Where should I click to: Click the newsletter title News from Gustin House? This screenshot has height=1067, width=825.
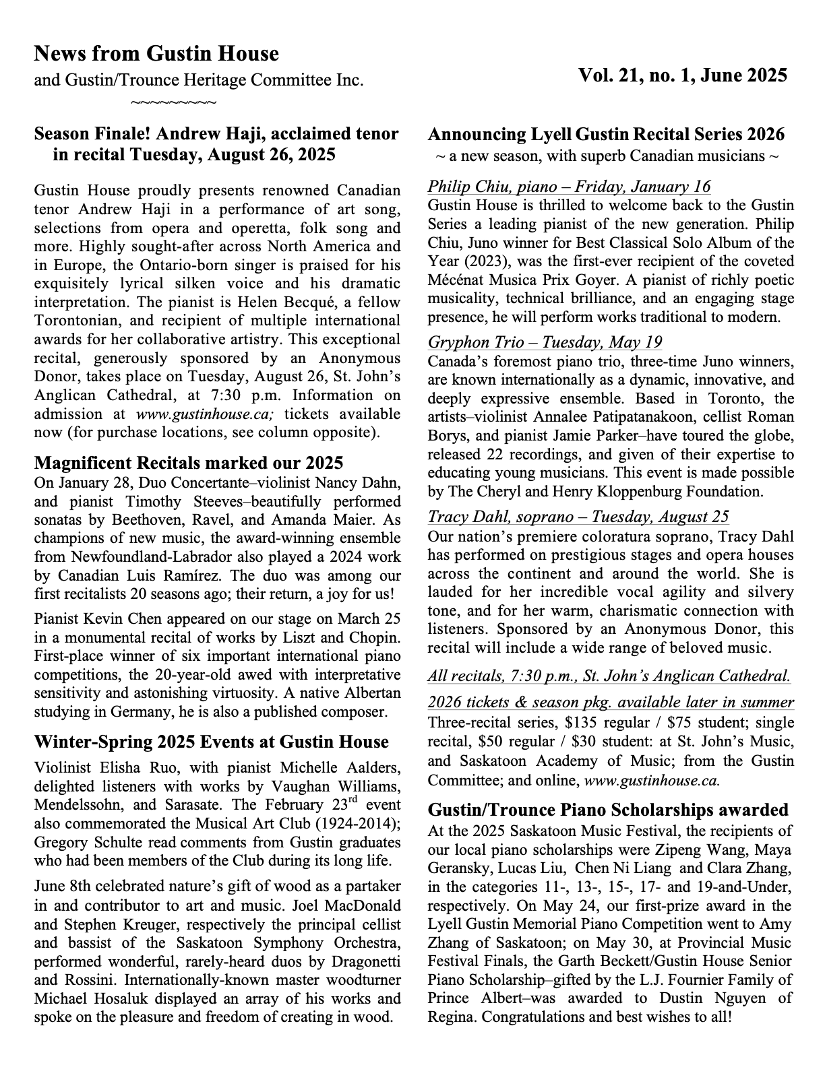click(156, 53)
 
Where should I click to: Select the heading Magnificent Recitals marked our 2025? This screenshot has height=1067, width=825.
click(189, 463)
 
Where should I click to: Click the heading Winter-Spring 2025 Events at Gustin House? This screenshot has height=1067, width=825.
click(211, 742)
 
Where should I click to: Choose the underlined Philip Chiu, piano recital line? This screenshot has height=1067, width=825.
click(569, 187)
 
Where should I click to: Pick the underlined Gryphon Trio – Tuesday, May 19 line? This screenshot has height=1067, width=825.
click(545, 342)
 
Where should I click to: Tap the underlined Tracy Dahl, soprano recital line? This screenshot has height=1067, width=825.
click(578, 517)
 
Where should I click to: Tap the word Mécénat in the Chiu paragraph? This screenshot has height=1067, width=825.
click(456, 280)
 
